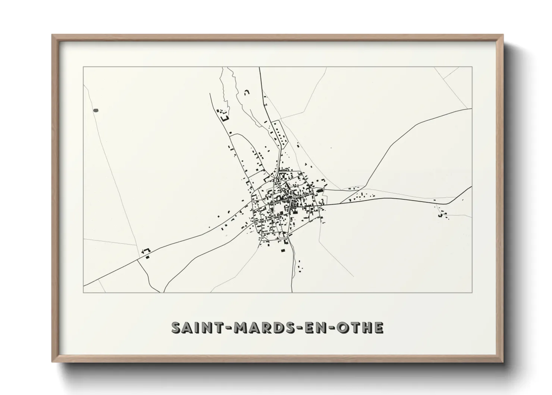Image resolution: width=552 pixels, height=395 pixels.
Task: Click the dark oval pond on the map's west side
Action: pos(96,111)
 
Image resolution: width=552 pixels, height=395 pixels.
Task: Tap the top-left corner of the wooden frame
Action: pos(53,35)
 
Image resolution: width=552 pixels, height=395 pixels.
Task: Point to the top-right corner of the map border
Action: pos(472,67)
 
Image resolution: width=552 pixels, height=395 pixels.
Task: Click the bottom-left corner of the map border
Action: pos(84,292)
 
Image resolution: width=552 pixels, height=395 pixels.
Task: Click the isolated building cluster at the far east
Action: pos(442,214)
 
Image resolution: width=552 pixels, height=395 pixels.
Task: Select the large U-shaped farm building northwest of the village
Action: pos(225,118)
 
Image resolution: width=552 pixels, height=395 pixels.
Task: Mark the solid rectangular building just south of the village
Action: pos(282,250)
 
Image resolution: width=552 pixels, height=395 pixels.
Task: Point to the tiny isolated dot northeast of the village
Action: pos(330,148)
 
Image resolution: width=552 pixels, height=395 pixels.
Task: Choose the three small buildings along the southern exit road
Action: pos(300,265)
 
